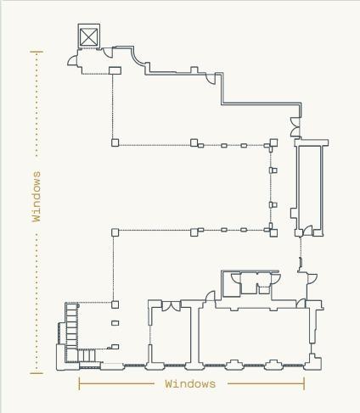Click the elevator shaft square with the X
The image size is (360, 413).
coord(89,36)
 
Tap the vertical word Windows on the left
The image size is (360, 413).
coord(37,196)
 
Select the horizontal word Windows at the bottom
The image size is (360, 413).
coord(190,384)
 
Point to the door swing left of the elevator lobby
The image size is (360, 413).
coord(72,60)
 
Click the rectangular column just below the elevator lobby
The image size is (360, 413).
coord(115,70)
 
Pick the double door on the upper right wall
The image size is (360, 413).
coord(295,126)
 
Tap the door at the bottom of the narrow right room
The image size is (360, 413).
coord(307,231)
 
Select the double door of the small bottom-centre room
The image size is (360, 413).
coord(171,305)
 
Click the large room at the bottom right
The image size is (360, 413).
coord(254,336)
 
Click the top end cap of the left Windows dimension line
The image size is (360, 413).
coord(37,52)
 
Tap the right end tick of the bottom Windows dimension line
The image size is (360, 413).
coord(304,384)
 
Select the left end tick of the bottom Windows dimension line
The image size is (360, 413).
coord(79,384)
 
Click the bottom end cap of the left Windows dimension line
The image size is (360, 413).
coord(37,373)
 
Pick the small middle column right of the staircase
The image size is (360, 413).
coord(115,323)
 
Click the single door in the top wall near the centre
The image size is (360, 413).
coord(211,79)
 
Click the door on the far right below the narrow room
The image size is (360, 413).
coord(312,278)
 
